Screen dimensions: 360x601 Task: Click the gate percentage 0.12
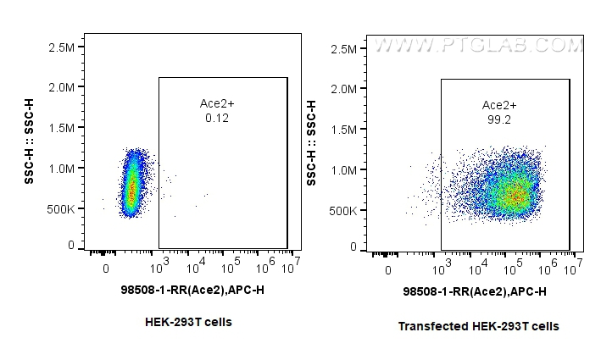tap(217, 119)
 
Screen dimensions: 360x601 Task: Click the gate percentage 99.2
tap(499, 119)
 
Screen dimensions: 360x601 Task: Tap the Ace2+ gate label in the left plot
tap(217, 104)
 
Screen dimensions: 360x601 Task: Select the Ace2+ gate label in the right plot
tap(499, 105)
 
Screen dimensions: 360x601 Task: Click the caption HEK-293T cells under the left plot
tap(188, 322)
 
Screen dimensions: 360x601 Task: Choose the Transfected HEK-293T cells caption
tap(479, 326)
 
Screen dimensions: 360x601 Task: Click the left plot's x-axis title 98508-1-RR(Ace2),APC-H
tap(188, 291)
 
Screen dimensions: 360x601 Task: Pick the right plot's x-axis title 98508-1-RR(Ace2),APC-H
tap(474, 291)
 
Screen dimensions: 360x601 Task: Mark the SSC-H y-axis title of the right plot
tap(311, 141)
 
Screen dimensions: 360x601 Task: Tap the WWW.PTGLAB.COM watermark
tap(479, 46)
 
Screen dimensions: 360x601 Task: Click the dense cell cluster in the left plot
tap(131, 186)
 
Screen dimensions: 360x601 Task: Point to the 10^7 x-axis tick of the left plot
tap(291, 268)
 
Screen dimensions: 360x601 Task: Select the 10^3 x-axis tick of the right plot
tap(441, 269)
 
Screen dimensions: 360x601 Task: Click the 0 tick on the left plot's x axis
tap(106, 269)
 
